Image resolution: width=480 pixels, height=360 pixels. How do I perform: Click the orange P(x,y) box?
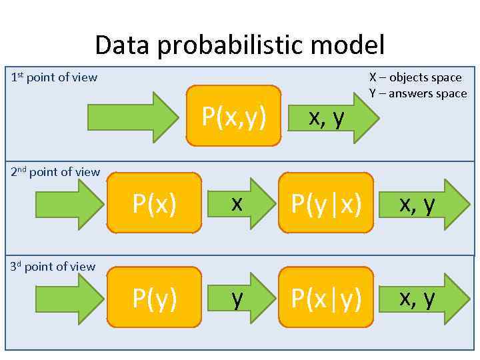[x=233, y=116]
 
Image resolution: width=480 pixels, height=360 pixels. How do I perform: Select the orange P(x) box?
[x=154, y=203]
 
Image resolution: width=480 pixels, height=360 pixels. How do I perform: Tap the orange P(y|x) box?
[x=327, y=203]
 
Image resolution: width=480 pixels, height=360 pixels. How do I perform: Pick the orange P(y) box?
[x=154, y=297]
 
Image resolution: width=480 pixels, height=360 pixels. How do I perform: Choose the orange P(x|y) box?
[x=327, y=297]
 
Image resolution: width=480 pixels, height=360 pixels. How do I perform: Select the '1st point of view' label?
[x=55, y=77]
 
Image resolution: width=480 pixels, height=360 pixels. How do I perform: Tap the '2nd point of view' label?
[x=56, y=172]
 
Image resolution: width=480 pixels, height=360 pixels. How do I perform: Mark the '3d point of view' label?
[x=53, y=267]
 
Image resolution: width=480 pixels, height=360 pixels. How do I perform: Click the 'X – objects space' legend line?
[x=415, y=77]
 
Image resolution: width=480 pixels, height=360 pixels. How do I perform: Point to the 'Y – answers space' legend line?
[x=418, y=93]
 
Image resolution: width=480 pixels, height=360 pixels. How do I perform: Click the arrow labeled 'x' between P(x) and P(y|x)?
[x=240, y=203]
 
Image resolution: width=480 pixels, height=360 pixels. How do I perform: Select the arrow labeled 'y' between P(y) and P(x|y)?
[x=240, y=297]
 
